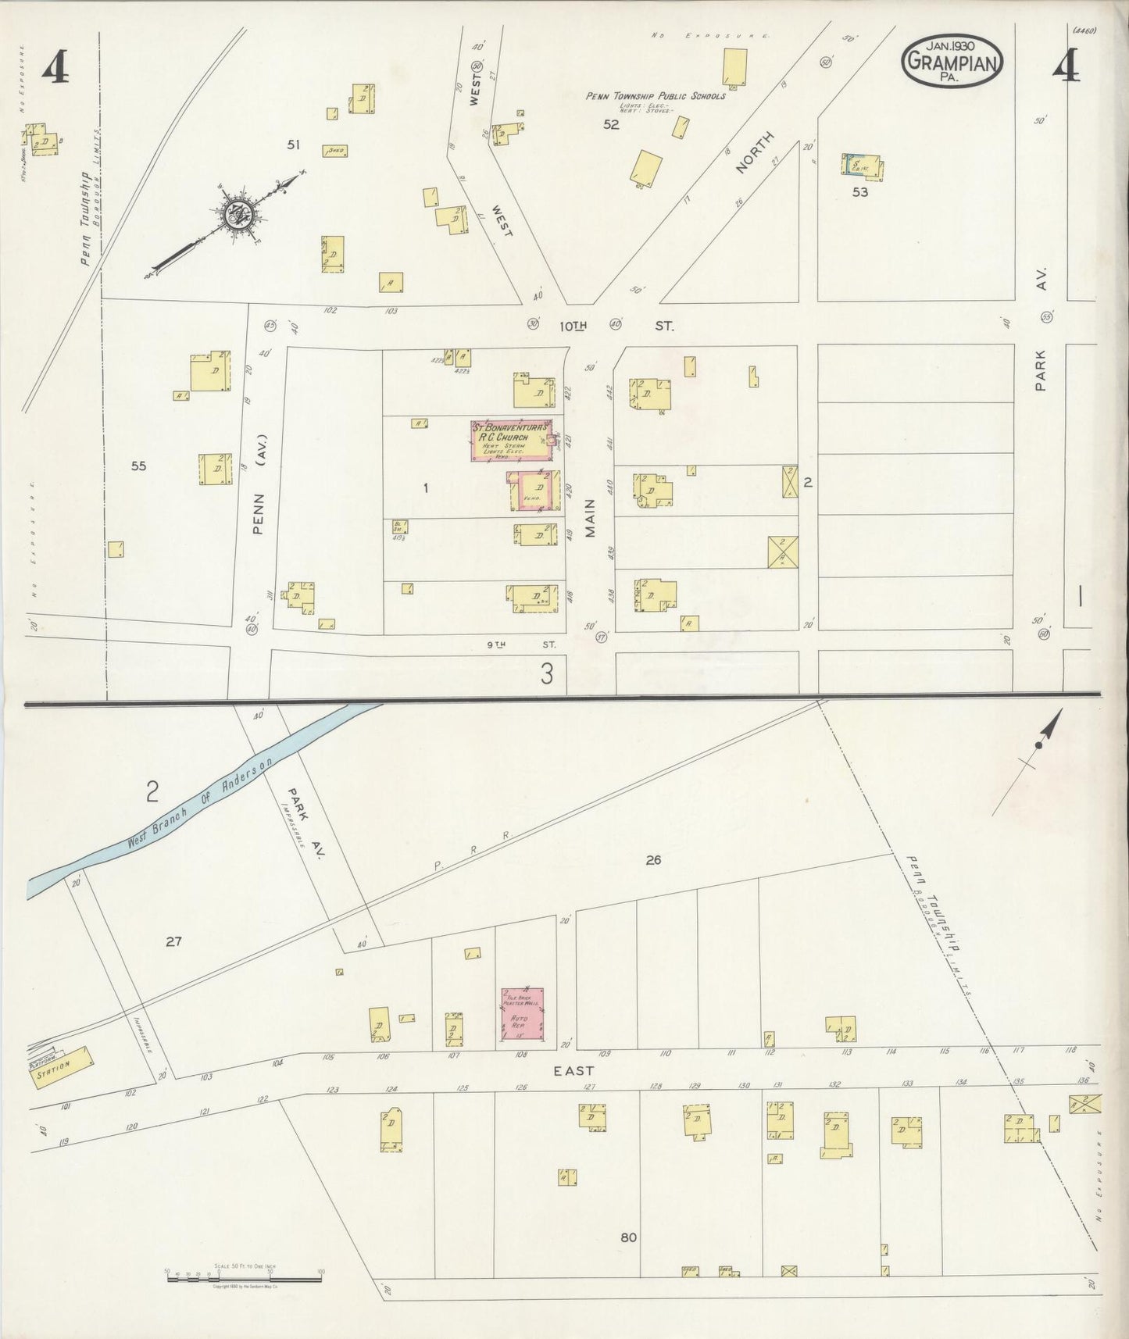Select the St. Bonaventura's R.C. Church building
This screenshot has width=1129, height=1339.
pos(511,441)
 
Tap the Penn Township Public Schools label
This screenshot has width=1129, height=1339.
pos(656,96)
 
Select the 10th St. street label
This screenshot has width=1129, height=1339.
pos(617,325)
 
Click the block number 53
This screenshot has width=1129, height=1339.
pos(859,191)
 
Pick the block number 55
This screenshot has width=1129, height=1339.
pos(138,466)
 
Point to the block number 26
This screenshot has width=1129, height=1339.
pos(653,860)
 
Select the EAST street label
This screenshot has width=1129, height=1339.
pos(573,1071)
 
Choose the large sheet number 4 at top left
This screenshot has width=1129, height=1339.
pos(55,70)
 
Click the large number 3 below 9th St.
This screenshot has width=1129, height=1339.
pos(548,673)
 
